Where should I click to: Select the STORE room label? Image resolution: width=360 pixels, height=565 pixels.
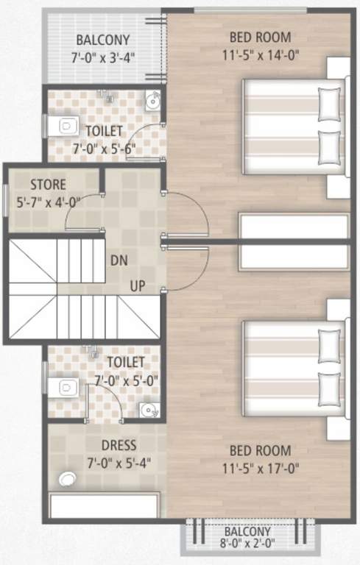point(48,184)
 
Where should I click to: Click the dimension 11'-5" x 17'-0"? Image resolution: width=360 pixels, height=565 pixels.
point(260,467)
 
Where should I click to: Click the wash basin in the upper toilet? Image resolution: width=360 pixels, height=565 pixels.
point(152,100)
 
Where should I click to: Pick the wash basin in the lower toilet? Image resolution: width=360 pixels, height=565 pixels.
point(149,410)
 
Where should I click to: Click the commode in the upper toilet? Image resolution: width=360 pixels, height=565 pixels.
point(66,126)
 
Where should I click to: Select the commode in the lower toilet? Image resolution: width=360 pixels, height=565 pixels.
point(67,387)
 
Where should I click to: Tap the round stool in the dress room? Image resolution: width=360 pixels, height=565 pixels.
point(68,479)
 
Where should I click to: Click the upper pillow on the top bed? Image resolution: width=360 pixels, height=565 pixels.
point(330,104)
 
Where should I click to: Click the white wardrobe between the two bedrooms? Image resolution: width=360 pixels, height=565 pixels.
point(293,241)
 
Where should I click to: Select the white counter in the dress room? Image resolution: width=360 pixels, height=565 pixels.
point(104,507)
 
